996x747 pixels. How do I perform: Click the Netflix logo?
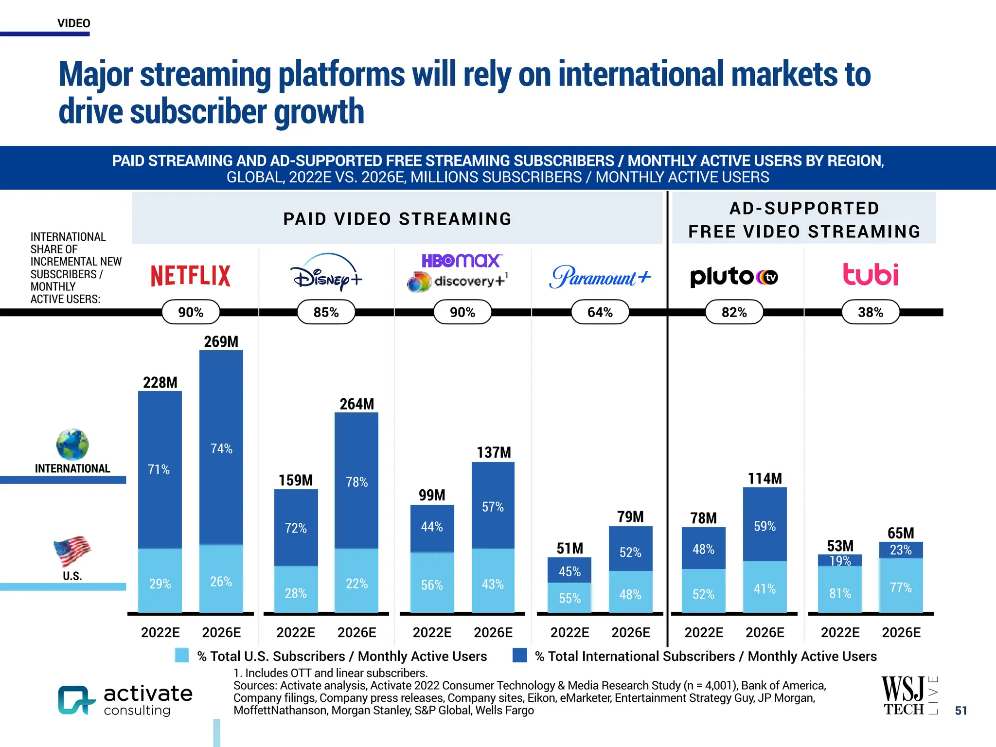pos(190,276)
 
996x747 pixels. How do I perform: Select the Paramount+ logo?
pos(600,277)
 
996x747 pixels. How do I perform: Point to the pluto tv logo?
pos(734,276)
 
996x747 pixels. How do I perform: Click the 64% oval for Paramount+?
pos(600,312)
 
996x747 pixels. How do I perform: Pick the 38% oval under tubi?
pos(870,312)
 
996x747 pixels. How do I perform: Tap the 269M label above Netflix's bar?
pos(221,341)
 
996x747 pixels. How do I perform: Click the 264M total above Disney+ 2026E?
pos(356,404)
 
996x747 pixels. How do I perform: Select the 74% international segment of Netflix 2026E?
pos(221,448)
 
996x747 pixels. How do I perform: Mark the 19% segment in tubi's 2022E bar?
pos(840,561)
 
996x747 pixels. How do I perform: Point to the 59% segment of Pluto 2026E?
pos(765,526)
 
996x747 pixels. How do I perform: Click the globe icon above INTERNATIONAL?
pos(72,445)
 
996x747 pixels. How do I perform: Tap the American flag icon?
pos(72,551)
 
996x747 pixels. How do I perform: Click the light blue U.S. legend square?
pos(181,655)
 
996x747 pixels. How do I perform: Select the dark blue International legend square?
pos(520,655)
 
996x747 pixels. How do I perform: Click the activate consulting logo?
pos(125,700)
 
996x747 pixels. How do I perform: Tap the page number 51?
pos(960,711)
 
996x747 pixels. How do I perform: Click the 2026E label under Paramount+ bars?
pos(630,632)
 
